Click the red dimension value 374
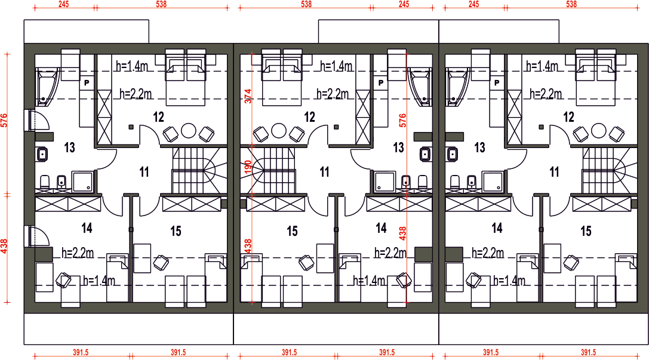(x=248, y=96)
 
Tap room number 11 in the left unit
(x=144, y=172)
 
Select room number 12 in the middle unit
(x=310, y=117)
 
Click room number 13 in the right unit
(x=479, y=147)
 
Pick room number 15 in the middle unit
(x=292, y=231)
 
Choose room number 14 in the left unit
(x=87, y=227)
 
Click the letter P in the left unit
(x=87, y=83)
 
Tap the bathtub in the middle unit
(x=420, y=87)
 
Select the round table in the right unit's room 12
(x=598, y=131)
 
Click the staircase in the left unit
(x=199, y=171)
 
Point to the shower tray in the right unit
(x=493, y=182)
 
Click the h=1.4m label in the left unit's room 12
(x=132, y=66)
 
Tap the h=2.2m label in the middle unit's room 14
(x=390, y=253)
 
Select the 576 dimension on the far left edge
(x=4, y=121)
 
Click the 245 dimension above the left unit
(x=64, y=4)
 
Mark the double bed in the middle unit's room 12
(x=281, y=78)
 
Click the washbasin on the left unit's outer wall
(x=41, y=155)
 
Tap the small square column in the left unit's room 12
(x=131, y=127)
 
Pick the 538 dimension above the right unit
(x=571, y=4)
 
